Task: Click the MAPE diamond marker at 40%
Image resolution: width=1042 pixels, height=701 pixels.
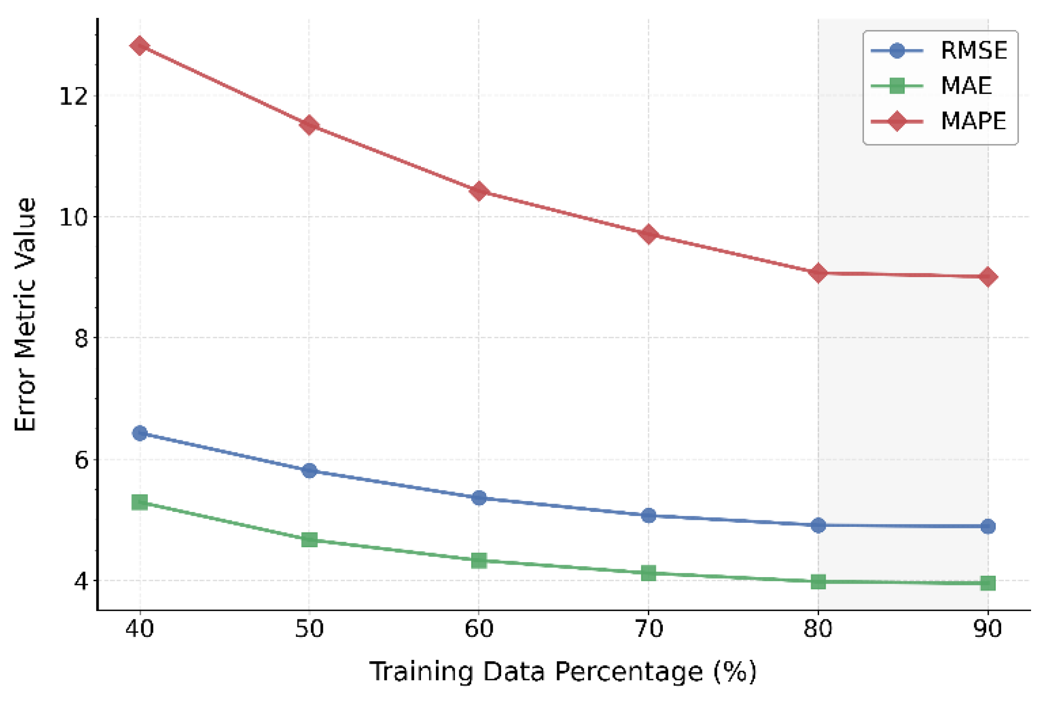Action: click(140, 46)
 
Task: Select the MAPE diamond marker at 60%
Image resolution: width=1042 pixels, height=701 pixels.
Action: click(479, 191)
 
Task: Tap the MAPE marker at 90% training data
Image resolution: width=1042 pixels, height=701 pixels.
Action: click(988, 277)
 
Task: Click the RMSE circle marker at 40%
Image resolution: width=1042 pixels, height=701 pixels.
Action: click(140, 433)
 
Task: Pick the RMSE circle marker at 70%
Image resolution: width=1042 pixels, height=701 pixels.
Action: click(648, 515)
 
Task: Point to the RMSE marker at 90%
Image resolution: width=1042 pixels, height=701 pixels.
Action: click(988, 526)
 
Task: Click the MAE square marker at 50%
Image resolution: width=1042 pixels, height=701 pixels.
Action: click(309, 539)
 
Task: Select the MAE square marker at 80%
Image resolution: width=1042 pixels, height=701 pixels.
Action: click(818, 581)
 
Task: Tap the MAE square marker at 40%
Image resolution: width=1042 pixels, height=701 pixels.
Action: click(140, 502)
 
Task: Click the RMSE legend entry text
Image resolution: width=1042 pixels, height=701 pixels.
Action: click(973, 51)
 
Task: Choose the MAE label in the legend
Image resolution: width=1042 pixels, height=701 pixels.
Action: click(966, 86)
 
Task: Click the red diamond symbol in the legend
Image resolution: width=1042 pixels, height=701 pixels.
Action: click(896, 121)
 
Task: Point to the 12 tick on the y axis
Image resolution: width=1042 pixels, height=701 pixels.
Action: click(74, 96)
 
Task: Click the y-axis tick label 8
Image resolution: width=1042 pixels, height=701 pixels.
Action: click(81, 338)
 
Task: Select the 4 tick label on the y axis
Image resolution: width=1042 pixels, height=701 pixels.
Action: click(81, 581)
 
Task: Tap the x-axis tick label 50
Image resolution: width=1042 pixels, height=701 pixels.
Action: click(309, 629)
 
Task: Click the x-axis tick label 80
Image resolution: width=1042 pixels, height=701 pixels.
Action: click(818, 629)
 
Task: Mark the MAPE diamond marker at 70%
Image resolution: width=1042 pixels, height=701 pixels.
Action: click(648, 234)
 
